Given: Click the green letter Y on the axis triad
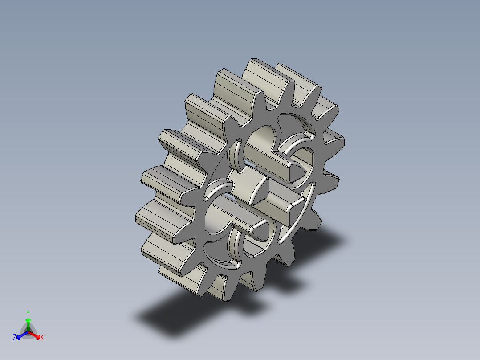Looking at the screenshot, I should pyautogui.click(x=28, y=313).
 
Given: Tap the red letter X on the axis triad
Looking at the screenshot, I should pyautogui.click(x=41, y=338).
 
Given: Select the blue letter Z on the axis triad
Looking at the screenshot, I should pyautogui.click(x=15, y=338).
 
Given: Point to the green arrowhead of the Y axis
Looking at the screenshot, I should pyautogui.click(x=28, y=320).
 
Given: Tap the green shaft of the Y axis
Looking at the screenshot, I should pyautogui.click(x=28, y=326).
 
